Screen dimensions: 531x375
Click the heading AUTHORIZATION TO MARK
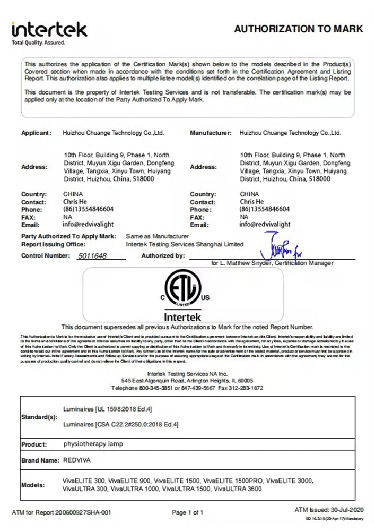[x=299, y=29]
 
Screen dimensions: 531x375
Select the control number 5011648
[x=92, y=256]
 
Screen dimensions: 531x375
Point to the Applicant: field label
[x=37, y=133]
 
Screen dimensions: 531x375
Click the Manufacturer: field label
[x=211, y=133]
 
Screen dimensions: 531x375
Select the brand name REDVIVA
[x=77, y=460]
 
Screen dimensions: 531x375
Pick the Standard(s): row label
[x=39, y=417]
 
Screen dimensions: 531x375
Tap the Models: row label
[x=33, y=485]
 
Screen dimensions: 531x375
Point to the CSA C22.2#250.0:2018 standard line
[x=120, y=424]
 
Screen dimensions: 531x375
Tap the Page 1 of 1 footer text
[x=188, y=512]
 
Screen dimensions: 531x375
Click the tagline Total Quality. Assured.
[x=38, y=42]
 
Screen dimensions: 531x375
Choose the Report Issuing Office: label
[x=53, y=244]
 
